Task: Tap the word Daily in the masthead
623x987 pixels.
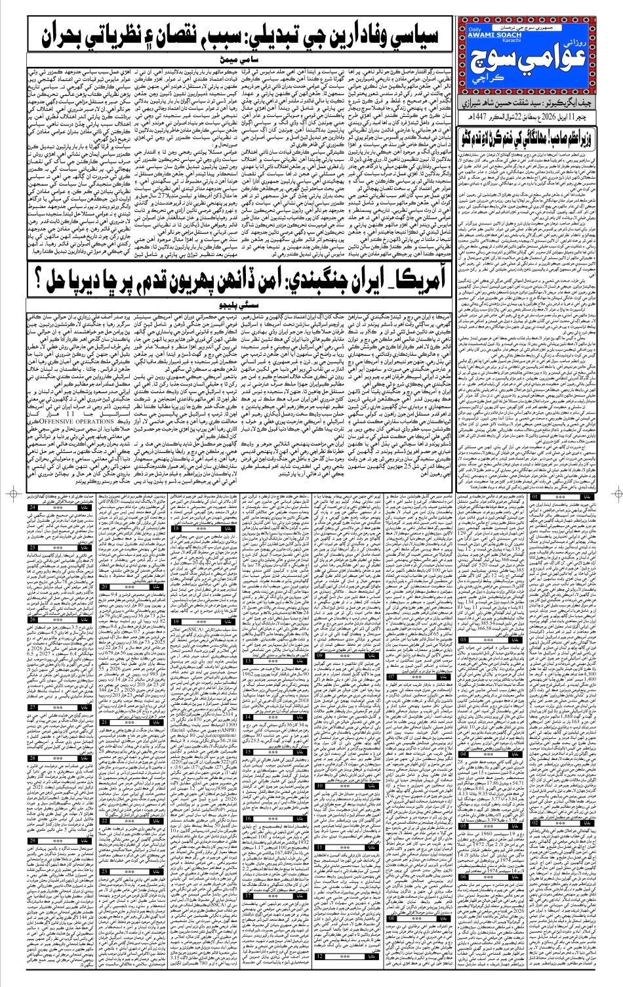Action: (x=475, y=30)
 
